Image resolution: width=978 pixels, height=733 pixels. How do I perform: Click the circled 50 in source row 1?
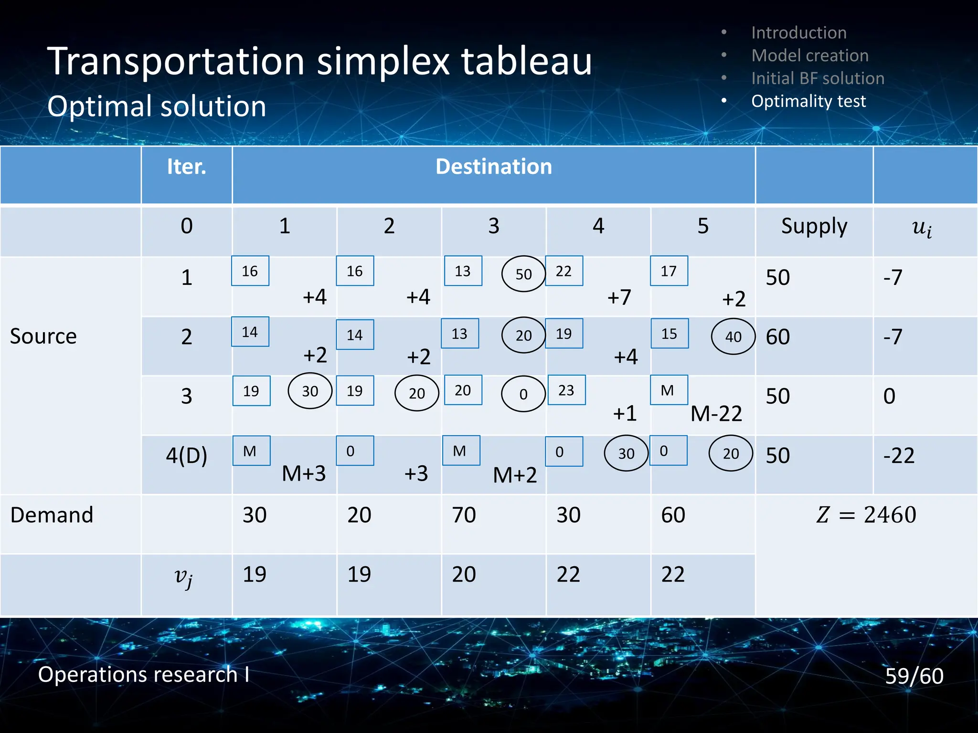(523, 274)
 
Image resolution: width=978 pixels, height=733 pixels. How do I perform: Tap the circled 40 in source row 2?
(733, 336)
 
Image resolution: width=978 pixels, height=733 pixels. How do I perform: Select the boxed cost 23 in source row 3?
(566, 390)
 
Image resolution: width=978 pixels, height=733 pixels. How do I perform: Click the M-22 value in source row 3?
(716, 414)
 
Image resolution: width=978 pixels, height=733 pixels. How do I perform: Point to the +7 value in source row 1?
(619, 297)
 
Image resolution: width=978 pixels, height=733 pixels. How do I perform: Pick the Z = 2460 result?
(866, 515)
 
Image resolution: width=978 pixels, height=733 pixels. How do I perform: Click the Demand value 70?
(464, 515)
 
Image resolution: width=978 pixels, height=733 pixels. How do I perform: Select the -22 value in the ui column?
(899, 455)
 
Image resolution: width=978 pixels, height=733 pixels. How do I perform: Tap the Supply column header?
(814, 226)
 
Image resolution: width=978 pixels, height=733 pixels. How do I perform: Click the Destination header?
(493, 167)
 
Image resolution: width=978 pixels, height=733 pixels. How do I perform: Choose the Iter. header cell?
(186, 167)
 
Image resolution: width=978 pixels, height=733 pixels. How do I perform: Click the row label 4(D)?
(186, 455)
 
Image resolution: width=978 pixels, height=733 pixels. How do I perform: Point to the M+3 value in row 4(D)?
(304, 474)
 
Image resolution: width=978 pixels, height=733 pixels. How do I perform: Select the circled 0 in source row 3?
(523, 394)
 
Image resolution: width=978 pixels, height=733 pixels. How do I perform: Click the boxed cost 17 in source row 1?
(669, 271)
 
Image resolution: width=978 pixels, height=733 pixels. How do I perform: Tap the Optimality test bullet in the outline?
(808, 101)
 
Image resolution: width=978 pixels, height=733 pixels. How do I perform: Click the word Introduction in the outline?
(798, 32)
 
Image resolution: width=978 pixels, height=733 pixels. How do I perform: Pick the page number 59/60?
(914, 676)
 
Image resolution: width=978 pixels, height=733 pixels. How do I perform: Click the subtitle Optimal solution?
(157, 106)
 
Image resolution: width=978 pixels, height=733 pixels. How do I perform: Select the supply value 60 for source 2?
(777, 337)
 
